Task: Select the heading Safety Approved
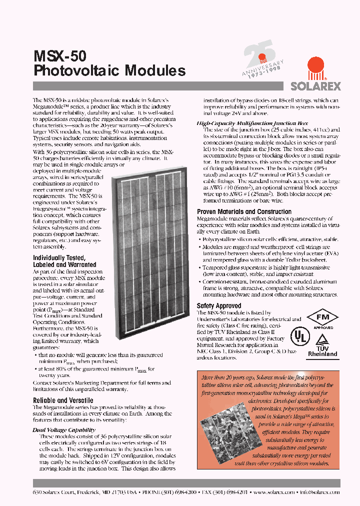pos(219,305)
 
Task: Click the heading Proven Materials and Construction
pos(244,212)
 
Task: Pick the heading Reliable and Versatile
pos(63,400)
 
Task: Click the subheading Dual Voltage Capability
pos(64,430)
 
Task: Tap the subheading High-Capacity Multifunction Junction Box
pos(252,123)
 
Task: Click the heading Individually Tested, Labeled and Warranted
pos(64,261)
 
